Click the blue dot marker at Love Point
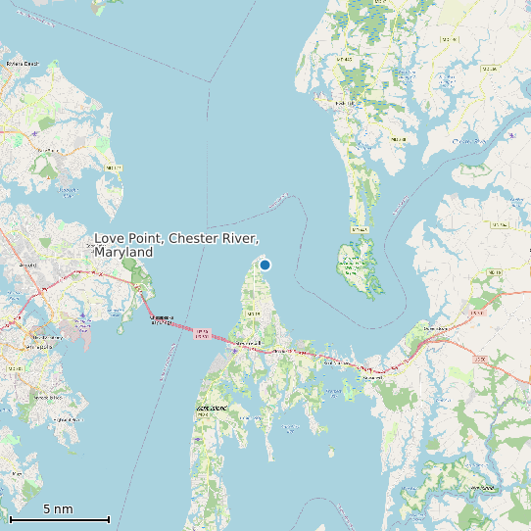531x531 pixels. (265, 265)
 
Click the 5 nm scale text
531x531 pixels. (58, 509)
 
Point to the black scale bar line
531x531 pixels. (59, 519)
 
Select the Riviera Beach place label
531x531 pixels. (21, 64)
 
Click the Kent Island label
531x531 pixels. (213, 407)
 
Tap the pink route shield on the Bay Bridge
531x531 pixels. (203, 333)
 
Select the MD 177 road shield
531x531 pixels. (113, 168)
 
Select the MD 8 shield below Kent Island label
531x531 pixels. (204, 415)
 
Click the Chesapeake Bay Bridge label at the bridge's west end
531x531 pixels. (162, 318)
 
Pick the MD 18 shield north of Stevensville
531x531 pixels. (252, 313)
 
